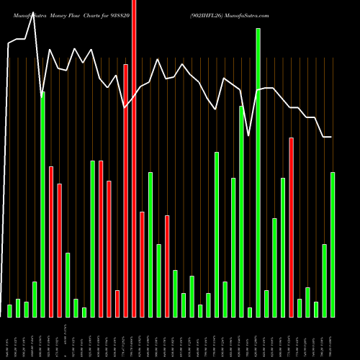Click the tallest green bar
point(258,173)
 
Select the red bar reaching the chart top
point(134,158)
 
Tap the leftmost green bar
point(9,310)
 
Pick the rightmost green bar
point(333,244)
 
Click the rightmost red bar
point(292,227)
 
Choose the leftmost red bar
point(51,241)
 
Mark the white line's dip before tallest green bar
point(249,135)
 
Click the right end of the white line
point(332,137)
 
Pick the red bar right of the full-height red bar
point(142,264)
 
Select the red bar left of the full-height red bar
point(126,190)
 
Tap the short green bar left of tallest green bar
point(250,312)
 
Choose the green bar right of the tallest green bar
point(266,303)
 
